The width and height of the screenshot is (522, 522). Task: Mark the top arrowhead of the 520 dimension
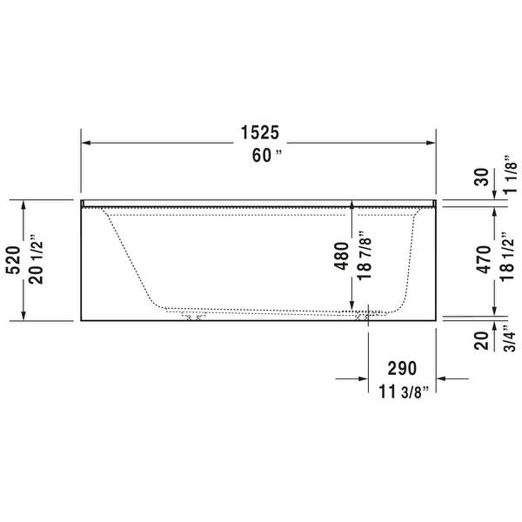click(23, 204)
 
